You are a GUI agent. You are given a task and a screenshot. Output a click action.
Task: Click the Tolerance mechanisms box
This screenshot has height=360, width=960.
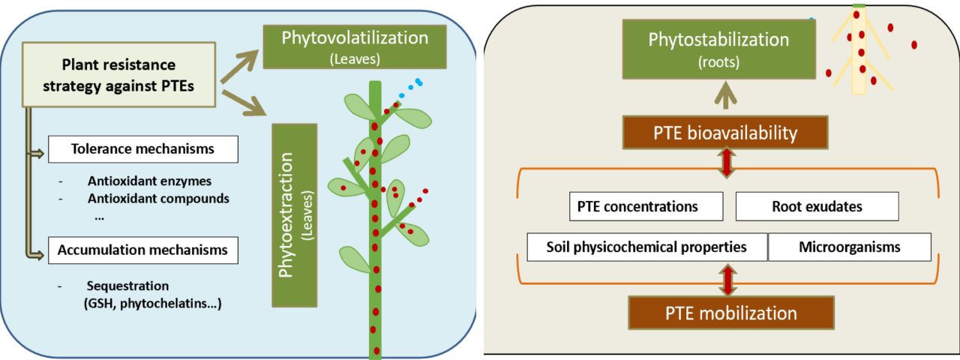pyautogui.click(x=142, y=148)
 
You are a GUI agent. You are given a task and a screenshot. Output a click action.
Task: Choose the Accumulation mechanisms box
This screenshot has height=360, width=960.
pyautogui.click(x=142, y=250)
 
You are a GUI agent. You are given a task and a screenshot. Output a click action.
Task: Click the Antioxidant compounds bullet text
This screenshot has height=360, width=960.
pyautogui.click(x=157, y=199)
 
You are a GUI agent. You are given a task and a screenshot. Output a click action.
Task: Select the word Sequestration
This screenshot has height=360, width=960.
pyautogui.click(x=127, y=286)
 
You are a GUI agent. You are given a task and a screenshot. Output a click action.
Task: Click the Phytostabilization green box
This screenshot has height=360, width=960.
pyautogui.click(x=718, y=49)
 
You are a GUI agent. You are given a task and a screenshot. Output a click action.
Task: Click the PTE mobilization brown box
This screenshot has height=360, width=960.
pyautogui.click(x=730, y=312)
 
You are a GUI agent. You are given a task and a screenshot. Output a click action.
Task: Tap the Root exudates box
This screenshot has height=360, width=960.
pyautogui.click(x=817, y=206)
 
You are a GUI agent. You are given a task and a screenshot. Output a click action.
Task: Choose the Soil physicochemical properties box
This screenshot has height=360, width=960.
pyautogui.click(x=646, y=247)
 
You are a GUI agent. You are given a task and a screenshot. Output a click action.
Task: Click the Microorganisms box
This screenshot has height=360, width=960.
pyautogui.click(x=849, y=247)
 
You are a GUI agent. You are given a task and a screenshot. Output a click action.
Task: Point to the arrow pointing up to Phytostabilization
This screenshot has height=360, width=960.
pyautogui.click(x=724, y=96)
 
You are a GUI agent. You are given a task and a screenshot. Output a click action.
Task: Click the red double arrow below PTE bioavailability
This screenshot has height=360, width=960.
pyautogui.click(x=725, y=164)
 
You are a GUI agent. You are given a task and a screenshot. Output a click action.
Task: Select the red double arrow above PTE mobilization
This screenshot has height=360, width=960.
pyautogui.click(x=725, y=279)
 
